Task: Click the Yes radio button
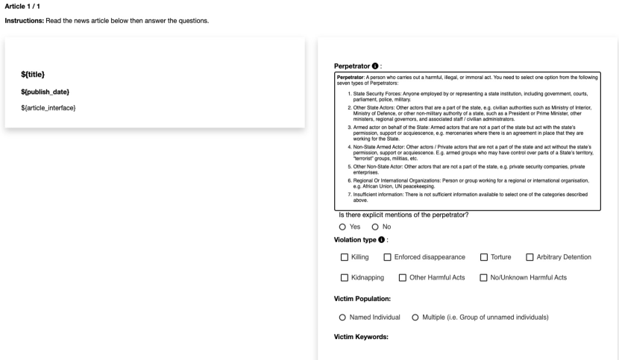pyautogui.click(x=342, y=227)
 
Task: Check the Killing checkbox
pyautogui.click(x=345, y=257)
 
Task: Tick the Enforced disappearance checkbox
pyautogui.click(x=388, y=257)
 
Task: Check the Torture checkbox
pyautogui.click(x=484, y=257)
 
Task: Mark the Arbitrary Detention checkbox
pyautogui.click(x=530, y=257)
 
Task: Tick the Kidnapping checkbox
pyautogui.click(x=345, y=278)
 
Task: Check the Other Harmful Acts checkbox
pyautogui.click(x=403, y=278)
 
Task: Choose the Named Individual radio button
pyautogui.click(x=342, y=317)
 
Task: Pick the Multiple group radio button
pyautogui.click(x=415, y=317)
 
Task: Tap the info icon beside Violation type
pyautogui.click(x=382, y=239)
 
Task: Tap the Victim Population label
pyautogui.click(x=362, y=299)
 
